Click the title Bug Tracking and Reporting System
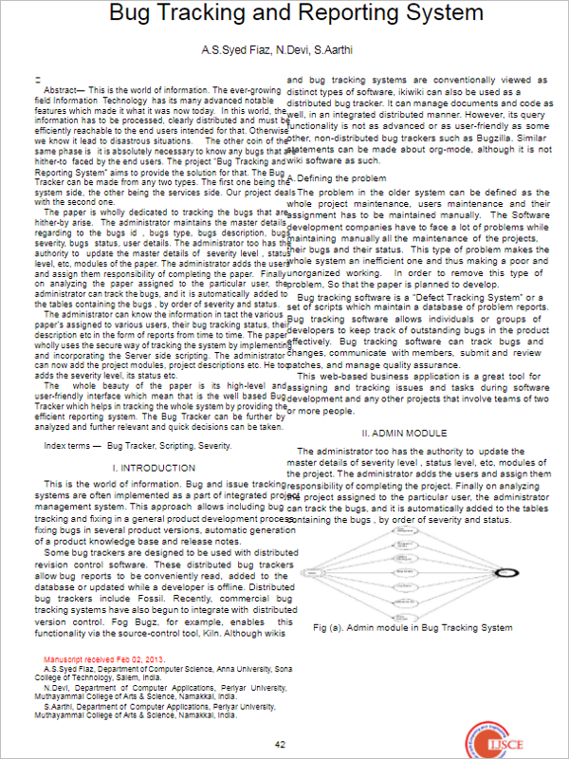284,14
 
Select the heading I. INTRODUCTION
154,468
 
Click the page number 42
280,744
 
